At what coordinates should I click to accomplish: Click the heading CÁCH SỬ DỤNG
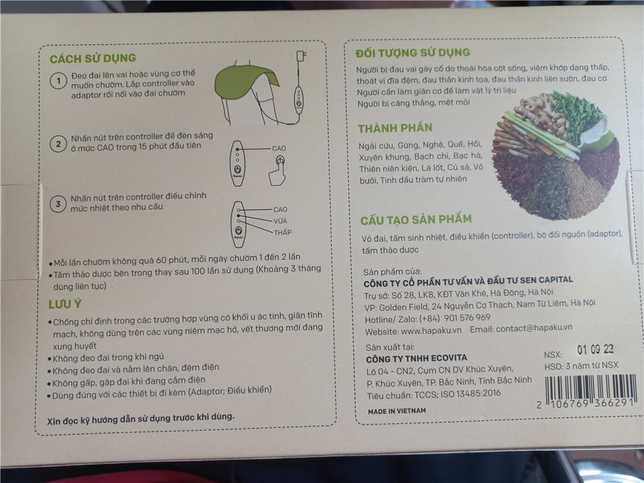[93, 59]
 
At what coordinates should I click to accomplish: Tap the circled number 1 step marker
[59, 80]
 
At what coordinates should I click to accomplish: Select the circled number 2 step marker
[58, 144]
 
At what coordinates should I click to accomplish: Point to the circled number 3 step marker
[58, 204]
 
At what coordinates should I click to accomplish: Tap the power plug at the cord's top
[301, 56]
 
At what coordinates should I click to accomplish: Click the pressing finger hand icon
[278, 170]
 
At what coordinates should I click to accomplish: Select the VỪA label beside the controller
[281, 220]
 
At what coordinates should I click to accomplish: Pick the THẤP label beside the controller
[283, 232]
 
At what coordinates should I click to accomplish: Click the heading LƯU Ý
[65, 304]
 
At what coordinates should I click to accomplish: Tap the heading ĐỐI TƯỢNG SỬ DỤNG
[413, 53]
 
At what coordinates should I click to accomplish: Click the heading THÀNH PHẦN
[395, 128]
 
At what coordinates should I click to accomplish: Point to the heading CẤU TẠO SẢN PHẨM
[416, 220]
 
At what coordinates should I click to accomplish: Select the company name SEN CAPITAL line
[468, 281]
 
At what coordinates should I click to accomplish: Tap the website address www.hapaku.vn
[431, 330]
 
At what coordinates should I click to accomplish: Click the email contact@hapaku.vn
[534, 328]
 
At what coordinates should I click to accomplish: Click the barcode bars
[590, 388]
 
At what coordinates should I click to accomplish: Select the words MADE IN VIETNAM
[397, 411]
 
